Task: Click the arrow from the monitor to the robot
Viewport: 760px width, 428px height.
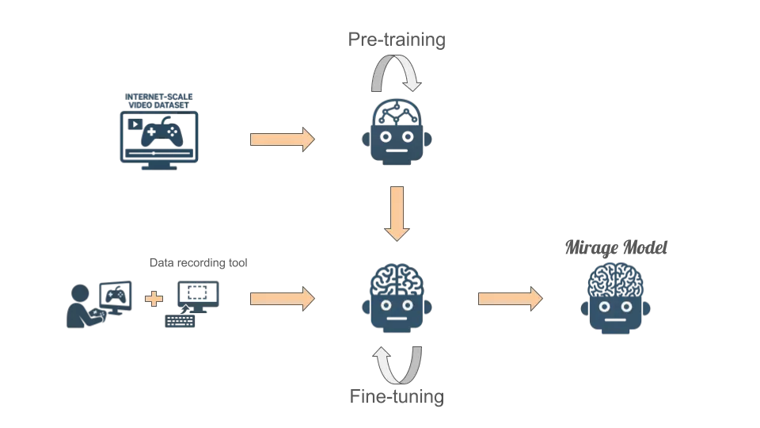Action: coord(282,139)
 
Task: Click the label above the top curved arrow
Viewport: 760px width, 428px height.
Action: coord(400,41)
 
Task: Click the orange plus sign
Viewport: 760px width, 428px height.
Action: coord(154,299)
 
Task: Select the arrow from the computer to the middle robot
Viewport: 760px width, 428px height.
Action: coord(282,299)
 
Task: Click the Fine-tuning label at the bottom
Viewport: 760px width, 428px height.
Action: coord(397,396)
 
